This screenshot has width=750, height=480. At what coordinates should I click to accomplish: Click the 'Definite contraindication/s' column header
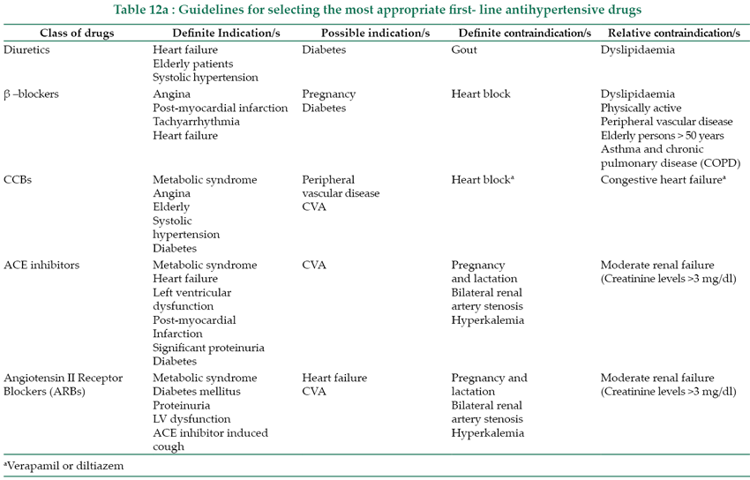[524, 32]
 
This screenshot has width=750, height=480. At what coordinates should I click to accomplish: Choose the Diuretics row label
[26, 50]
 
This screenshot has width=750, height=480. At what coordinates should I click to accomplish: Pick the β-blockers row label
[31, 94]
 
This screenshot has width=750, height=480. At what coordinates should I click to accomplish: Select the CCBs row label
[19, 180]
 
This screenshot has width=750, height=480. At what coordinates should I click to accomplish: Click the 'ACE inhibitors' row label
[41, 266]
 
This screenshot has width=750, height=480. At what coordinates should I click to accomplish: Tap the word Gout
[464, 50]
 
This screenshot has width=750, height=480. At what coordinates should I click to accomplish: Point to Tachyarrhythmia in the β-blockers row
[195, 122]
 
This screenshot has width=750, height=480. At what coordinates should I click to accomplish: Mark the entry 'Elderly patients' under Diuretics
[193, 64]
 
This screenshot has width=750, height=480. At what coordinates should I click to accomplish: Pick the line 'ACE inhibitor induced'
[210, 433]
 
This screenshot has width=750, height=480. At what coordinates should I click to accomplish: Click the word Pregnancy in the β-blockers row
[328, 94]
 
